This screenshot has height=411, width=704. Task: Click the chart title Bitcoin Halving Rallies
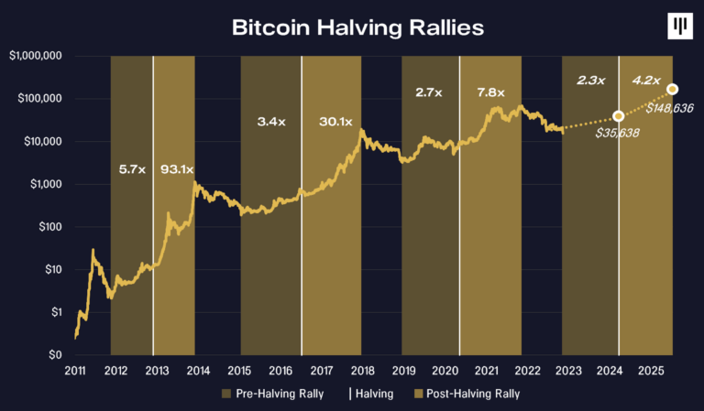point(357,28)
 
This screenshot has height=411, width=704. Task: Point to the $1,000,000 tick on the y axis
point(36,56)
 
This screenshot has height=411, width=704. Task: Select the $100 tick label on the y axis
point(47,227)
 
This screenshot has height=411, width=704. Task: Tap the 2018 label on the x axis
point(361,372)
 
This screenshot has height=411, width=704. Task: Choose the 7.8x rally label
point(491,92)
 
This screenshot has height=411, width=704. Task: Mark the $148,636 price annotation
point(670,108)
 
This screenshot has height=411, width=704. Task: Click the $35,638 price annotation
point(616,134)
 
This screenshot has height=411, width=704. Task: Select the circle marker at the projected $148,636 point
point(673,89)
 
